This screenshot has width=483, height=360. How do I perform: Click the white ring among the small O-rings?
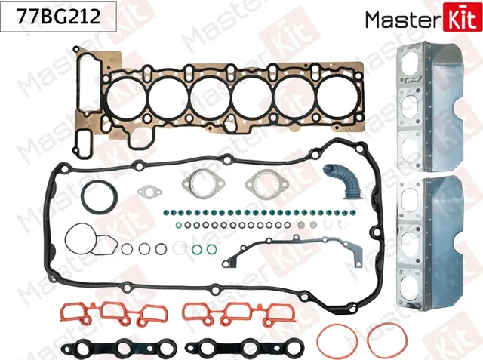click(180, 247)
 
